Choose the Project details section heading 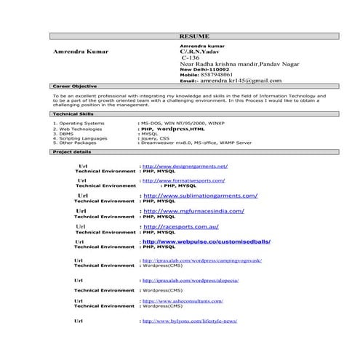click(72, 152)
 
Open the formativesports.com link click(183, 180)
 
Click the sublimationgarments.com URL click(201, 196)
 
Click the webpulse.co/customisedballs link click(206, 241)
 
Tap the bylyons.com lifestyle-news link click(190, 321)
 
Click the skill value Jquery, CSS click(154, 138)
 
